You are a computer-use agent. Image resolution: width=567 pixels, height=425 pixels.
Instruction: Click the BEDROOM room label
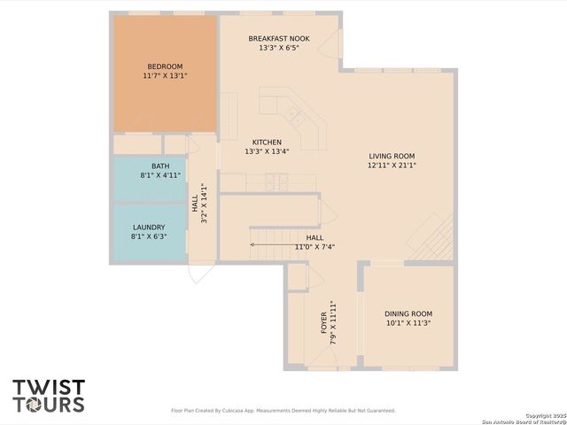point(165,66)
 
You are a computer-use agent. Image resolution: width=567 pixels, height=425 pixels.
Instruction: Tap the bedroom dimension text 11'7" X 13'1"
point(165,76)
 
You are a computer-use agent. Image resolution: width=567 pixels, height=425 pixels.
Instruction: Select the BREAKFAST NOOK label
point(279,38)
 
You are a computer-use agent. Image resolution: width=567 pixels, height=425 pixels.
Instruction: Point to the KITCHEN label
point(267,142)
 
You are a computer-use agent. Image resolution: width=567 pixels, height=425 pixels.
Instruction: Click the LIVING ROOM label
point(392,156)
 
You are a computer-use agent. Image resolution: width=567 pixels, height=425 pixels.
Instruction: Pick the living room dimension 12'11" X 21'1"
point(392,166)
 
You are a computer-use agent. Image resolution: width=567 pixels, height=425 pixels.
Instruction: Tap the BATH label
point(160,166)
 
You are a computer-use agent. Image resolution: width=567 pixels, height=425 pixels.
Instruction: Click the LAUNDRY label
point(149,227)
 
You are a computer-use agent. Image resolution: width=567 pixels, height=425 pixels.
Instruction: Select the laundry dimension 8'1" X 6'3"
point(149,236)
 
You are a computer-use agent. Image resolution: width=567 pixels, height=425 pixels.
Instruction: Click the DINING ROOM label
point(408,313)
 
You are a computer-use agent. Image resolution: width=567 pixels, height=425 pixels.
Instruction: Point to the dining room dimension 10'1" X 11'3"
point(408,323)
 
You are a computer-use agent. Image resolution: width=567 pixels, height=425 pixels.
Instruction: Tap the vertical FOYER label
point(324,321)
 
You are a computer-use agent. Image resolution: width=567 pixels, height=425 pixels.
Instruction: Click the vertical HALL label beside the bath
point(195,203)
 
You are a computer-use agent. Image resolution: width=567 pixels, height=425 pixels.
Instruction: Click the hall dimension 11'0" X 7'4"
point(315,247)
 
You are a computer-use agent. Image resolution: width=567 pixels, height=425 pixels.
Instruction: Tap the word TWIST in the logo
point(49,388)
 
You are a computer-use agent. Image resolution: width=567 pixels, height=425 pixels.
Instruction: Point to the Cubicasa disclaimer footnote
point(283,411)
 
